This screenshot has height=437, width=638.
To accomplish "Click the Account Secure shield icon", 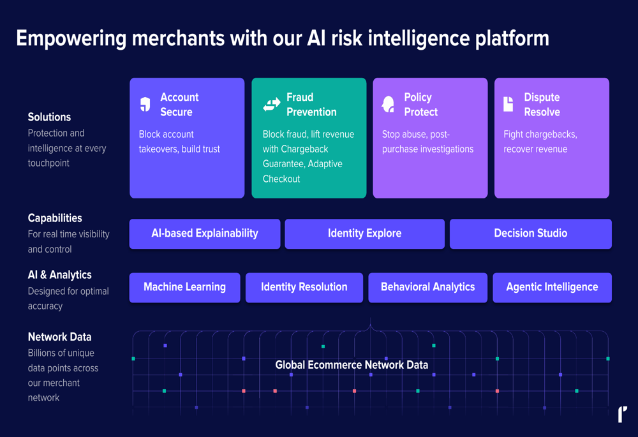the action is pos(145,104).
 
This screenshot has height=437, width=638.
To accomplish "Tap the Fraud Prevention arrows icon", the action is pos(271,104).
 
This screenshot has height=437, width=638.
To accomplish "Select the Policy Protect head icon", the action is pos(388,104).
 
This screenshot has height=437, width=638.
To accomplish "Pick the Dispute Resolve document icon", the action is pos(508,104).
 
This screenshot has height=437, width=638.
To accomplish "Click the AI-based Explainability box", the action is pos(205,233).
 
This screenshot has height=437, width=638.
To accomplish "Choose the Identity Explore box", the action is pos(364,233).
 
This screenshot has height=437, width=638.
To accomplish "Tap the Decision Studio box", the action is pos(531,233).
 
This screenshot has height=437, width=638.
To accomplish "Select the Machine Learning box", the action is pos(185,287).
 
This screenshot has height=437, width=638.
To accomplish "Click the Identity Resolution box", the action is pos(304,287).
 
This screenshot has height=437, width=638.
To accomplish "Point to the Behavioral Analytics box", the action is pos(427,287).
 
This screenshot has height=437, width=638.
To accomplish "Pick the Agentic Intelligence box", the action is pos(552,287).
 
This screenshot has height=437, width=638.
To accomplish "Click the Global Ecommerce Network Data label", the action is pos(352,364).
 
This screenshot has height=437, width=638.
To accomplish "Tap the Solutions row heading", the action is pos(49,117).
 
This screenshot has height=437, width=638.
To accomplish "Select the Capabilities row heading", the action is pos(55,218).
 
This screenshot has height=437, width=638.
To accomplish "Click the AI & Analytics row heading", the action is pos(60,275).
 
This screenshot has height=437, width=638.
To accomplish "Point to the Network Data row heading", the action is pos(60,337).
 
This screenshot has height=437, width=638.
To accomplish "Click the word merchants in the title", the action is pos(178,38).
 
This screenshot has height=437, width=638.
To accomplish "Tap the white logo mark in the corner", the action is pos(623,414).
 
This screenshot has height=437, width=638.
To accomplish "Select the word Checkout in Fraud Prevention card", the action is pos(281,179).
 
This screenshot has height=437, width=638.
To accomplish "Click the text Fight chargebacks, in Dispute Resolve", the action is pos(540,135).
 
